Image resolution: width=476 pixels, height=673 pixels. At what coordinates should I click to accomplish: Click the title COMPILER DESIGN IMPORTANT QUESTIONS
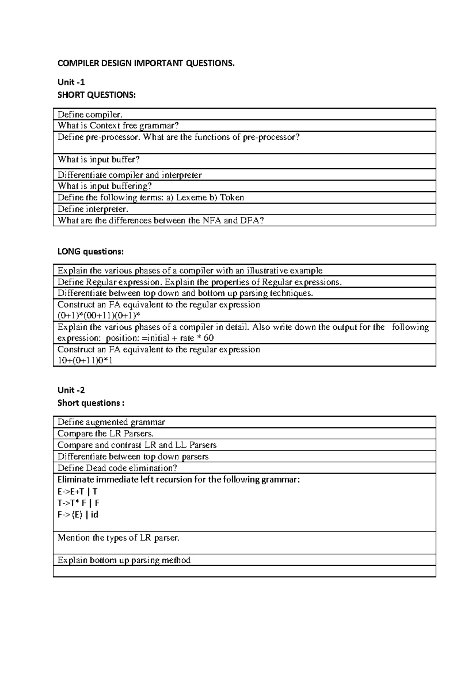(x=146, y=63)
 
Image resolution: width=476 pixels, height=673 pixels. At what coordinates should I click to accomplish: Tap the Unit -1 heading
(x=71, y=82)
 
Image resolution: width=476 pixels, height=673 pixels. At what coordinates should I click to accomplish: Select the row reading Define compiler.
(x=90, y=115)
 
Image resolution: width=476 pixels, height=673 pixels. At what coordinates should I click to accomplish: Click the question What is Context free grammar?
(x=118, y=126)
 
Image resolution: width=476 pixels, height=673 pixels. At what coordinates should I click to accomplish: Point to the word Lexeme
(x=191, y=198)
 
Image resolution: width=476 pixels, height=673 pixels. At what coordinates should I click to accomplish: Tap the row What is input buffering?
(x=105, y=186)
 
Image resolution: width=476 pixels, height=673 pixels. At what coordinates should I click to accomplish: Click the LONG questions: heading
(x=90, y=252)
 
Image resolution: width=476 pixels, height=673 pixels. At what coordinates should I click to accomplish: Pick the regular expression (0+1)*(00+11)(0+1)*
(x=99, y=315)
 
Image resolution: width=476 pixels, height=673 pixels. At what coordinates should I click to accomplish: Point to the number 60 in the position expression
(x=208, y=338)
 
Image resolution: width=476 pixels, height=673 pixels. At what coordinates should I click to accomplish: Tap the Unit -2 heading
(x=71, y=390)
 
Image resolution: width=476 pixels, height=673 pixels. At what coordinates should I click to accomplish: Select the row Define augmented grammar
(x=111, y=422)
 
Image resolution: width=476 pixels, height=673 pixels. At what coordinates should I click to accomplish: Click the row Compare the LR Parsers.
(x=106, y=433)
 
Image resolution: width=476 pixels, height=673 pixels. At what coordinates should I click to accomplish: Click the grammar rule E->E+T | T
(x=77, y=491)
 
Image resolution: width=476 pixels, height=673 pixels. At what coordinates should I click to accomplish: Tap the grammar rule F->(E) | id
(x=78, y=515)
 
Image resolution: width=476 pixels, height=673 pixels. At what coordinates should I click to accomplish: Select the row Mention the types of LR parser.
(x=118, y=538)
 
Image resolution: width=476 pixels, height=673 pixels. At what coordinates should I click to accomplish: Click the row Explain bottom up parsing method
(x=124, y=560)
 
